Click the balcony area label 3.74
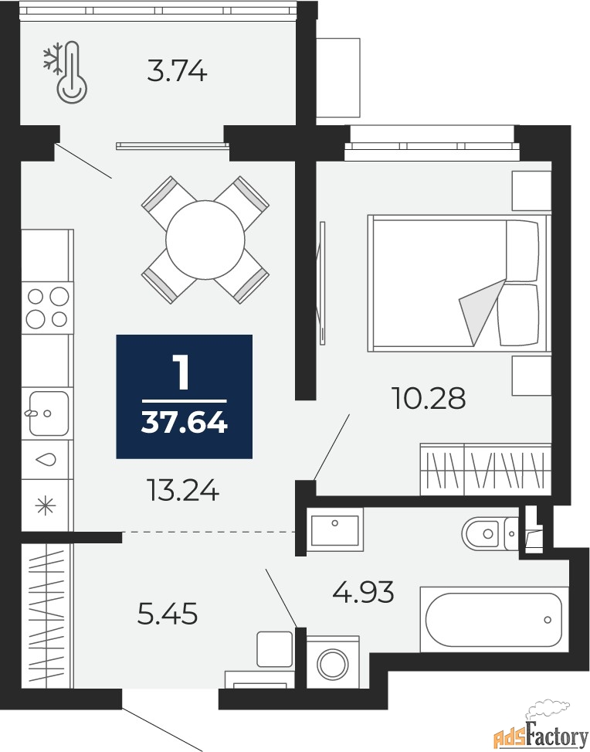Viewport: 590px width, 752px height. click(177, 71)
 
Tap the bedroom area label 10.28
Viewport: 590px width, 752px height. click(429, 398)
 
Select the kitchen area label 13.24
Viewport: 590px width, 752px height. click(184, 490)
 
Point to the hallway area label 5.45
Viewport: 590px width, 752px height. click(168, 614)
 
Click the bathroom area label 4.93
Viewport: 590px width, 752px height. click(363, 591)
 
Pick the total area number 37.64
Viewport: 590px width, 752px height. click(184, 423)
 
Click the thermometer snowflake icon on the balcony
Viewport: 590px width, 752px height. click(66, 72)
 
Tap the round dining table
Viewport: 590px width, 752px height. click(205, 240)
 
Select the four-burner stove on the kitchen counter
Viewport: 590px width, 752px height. click(47, 308)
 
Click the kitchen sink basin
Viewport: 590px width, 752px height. click(49, 413)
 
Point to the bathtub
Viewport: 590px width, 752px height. click(494, 619)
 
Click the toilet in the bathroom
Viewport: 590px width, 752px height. click(490, 533)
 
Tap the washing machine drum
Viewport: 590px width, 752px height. click(333, 664)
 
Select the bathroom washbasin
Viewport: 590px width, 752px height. click(335, 530)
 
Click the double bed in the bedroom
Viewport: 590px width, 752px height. click(459, 283)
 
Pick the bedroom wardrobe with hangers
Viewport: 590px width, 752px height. click(486, 469)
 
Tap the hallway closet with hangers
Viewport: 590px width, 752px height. click(46, 616)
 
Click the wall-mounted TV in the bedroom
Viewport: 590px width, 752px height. click(321, 282)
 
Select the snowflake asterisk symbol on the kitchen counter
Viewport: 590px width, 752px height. click(46, 505)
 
